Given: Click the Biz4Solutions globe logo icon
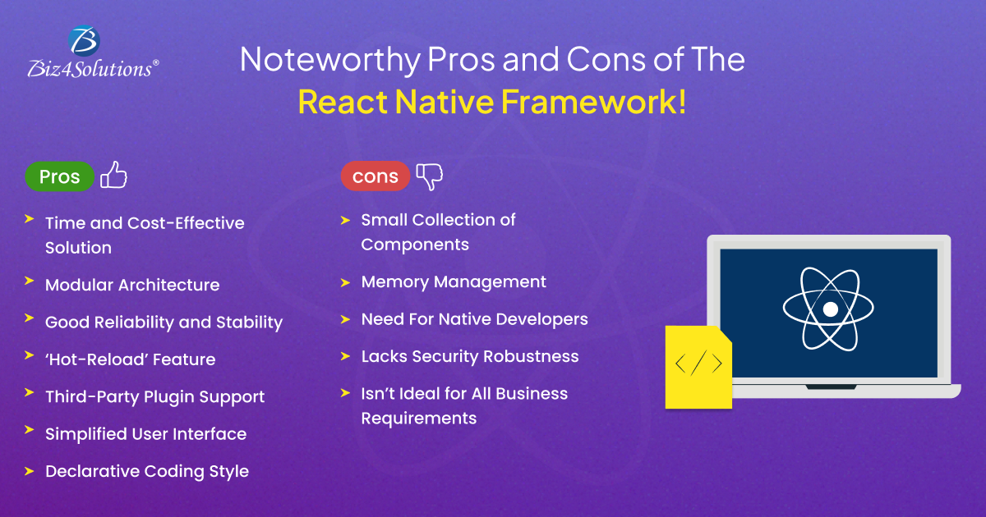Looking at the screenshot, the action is pyautogui.click(x=84, y=41).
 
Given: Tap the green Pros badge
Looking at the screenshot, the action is pyautogui.click(x=59, y=176).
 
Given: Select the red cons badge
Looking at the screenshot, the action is pyautogui.click(x=375, y=176).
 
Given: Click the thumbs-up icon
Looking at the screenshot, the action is pyautogui.click(x=113, y=175).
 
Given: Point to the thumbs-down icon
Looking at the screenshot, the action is pyautogui.click(x=429, y=176).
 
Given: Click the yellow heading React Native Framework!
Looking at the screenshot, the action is pyautogui.click(x=492, y=102).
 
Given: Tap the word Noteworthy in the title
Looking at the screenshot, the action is pyautogui.click(x=330, y=60).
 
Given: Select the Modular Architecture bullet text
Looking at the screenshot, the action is pyautogui.click(x=132, y=285).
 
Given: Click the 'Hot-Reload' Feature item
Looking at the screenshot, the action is pyautogui.click(x=131, y=359).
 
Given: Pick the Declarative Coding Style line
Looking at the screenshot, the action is pyautogui.click(x=147, y=471).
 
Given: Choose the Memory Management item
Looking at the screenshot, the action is pyautogui.click(x=454, y=281).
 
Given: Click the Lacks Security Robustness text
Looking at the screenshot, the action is pyautogui.click(x=470, y=356).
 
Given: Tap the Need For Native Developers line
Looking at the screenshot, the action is pyautogui.click(x=475, y=319).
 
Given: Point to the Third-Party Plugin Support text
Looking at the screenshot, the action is pyautogui.click(x=155, y=396).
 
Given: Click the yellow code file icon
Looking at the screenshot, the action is pyautogui.click(x=698, y=367).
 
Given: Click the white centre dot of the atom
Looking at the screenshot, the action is pyautogui.click(x=830, y=309).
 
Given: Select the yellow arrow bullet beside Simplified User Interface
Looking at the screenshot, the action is pyautogui.click(x=29, y=429).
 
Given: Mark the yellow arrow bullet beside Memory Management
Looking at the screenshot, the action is pyautogui.click(x=345, y=282).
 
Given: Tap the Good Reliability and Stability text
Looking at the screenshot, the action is pyautogui.click(x=164, y=323).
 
